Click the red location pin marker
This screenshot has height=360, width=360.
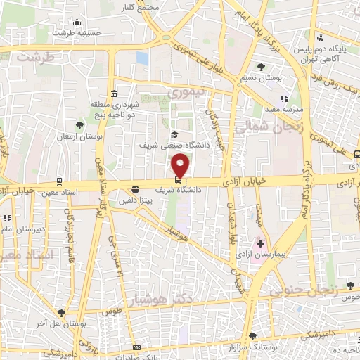click(x=181, y=165)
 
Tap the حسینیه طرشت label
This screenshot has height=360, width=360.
click(x=79, y=32)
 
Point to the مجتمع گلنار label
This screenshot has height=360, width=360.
click(x=156, y=8)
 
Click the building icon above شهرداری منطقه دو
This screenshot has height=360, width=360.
click(x=114, y=94)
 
